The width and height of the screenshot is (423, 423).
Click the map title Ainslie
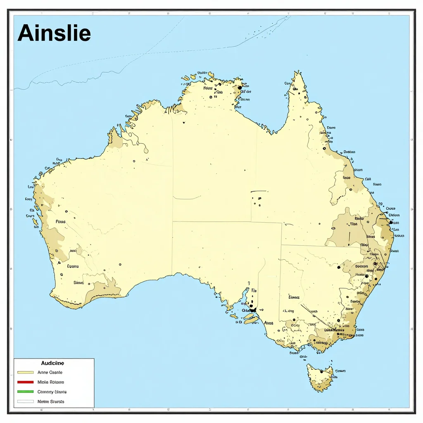(54, 33)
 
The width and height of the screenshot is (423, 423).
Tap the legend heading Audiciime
(52, 364)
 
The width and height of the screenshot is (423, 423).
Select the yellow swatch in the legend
(25, 373)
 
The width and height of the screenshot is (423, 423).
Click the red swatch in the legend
(25, 382)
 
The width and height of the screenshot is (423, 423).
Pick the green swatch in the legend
(25, 392)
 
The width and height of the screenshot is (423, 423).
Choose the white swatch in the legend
(25, 402)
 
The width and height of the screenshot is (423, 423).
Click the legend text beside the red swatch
(50, 382)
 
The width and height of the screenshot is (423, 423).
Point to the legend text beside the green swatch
(52, 392)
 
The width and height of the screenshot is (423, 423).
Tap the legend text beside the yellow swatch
(49, 373)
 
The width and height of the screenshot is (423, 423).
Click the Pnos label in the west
(60, 222)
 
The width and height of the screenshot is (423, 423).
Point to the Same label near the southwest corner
(78, 283)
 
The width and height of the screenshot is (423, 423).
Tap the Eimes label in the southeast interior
(294, 297)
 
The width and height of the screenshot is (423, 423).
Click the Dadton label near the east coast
(361, 266)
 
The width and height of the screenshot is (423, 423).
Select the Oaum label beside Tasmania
(340, 371)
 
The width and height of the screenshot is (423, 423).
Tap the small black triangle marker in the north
(183, 123)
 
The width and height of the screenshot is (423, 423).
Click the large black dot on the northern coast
(240, 88)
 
